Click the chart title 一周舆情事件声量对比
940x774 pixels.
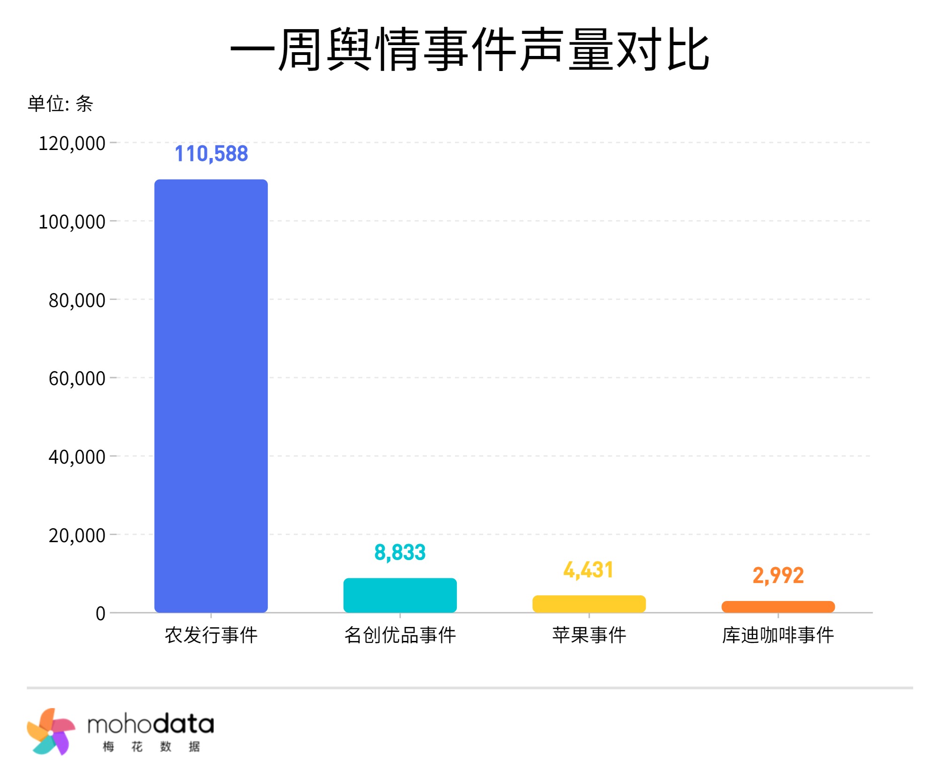(470, 49)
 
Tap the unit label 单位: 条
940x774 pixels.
(60, 103)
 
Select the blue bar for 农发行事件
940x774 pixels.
(211, 395)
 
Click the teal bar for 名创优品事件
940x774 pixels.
(400, 595)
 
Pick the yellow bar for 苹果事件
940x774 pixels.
(589, 604)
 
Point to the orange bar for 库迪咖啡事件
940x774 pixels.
(778, 607)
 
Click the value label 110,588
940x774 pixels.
(211, 154)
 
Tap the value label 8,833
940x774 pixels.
(400, 553)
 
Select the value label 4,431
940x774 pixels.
(588, 570)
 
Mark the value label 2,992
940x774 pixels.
(778, 576)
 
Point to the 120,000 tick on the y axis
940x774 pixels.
(72, 143)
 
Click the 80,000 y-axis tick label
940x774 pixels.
(77, 300)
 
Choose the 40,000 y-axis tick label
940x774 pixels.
(77, 457)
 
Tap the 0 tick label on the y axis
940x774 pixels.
(100, 614)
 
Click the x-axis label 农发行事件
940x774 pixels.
(211, 635)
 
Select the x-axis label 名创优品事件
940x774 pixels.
(400, 635)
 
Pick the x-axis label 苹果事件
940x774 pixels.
(589, 635)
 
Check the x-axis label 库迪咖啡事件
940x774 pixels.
(778, 635)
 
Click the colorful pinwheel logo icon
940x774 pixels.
(51, 732)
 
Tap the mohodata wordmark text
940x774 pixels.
(150, 724)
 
